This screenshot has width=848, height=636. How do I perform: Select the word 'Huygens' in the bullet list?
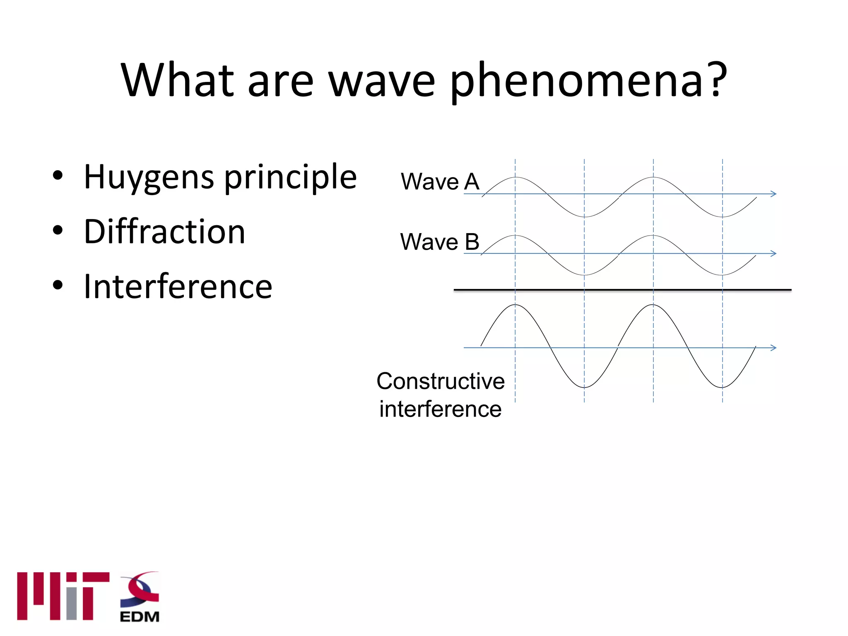pyautogui.click(x=149, y=177)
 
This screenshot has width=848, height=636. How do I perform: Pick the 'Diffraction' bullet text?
pyautogui.click(x=164, y=231)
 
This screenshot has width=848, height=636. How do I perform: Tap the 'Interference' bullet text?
pyautogui.click(x=178, y=286)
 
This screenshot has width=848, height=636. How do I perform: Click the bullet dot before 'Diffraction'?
pyautogui.click(x=58, y=230)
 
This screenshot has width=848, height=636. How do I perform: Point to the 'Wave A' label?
pyautogui.click(x=440, y=182)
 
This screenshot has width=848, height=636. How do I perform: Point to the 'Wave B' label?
pyautogui.click(x=439, y=242)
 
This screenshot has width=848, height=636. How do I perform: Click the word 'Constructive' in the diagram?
pyautogui.click(x=440, y=381)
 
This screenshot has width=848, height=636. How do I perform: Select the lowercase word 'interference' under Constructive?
pyautogui.click(x=440, y=409)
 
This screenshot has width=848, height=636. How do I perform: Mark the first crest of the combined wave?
pyautogui.click(x=515, y=305)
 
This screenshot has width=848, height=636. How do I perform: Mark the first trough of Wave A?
pyautogui.click(x=584, y=217)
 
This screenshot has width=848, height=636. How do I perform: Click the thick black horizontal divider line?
pyautogui.click(x=621, y=290)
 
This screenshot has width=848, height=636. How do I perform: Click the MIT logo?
pyautogui.click(x=63, y=596)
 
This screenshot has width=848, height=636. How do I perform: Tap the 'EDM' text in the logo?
pyautogui.click(x=140, y=617)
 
